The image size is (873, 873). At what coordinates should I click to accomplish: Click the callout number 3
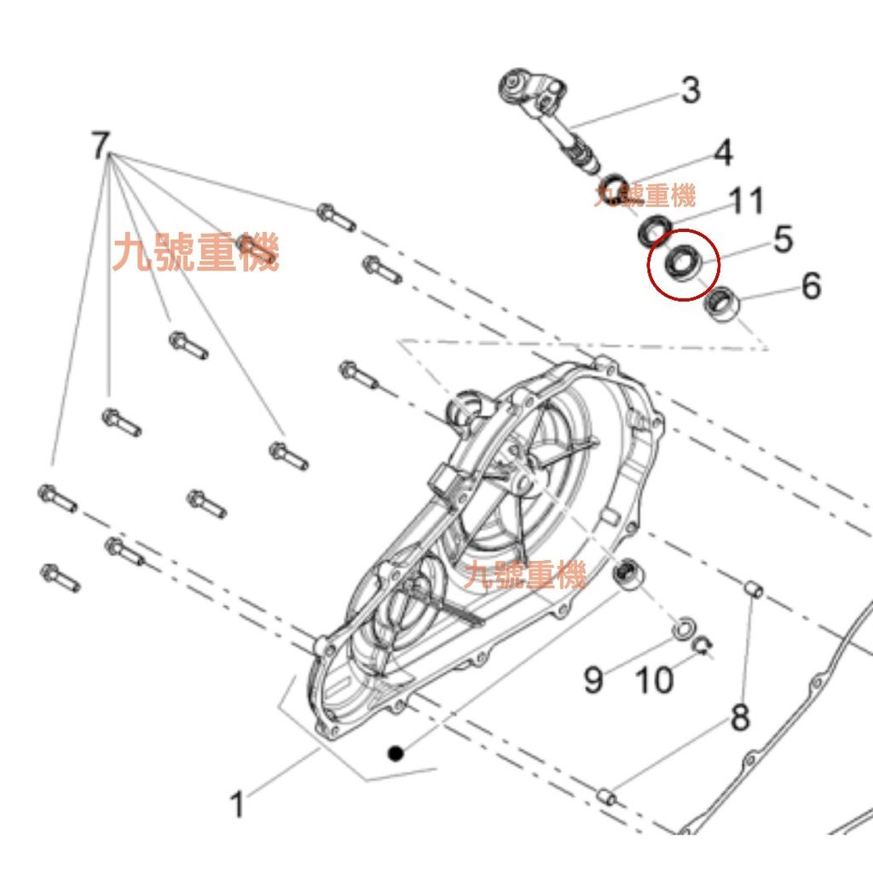click(x=691, y=90)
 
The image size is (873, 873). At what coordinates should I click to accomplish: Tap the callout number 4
click(x=723, y=153)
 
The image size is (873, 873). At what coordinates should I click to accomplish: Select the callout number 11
click(x=745, y=200)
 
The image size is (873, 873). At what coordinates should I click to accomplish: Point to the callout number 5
click(x=783, y=240)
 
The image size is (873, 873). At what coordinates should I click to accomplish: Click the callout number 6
click(x=811, y=286)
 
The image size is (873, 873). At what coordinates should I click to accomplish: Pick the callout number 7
click(x=101, y=145)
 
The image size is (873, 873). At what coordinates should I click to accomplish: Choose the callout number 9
click(x=593, y=679)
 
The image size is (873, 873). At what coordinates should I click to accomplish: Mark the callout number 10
click(x=654, y=679)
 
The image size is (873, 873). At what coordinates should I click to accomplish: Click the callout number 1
click(x=238, y=805)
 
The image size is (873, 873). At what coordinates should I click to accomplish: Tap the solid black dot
click(x=396, y=754)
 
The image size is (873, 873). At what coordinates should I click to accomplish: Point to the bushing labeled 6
click(x=722, y=304)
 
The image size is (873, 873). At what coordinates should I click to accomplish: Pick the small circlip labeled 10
click(x=702, y=646)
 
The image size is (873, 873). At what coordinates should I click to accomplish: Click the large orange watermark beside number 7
click(x=195, y=252)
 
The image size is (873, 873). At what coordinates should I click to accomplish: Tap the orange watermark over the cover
click(x=524, y=575)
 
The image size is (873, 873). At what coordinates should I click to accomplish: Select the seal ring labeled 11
click(x=654, y=229)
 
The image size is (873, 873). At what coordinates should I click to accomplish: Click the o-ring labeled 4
click(x=613, y=187)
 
